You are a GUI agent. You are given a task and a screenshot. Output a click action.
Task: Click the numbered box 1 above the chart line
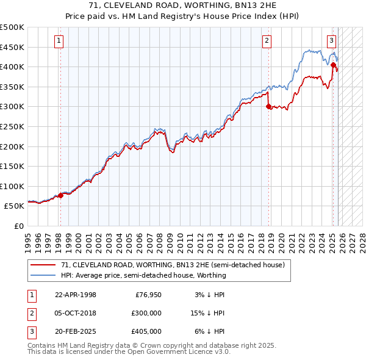click(59, 41)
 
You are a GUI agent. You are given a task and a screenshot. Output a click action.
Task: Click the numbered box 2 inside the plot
click(267, 41)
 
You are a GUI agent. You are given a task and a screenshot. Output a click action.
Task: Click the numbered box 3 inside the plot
click(331, 41)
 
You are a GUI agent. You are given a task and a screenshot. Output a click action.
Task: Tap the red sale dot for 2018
click(269, 106)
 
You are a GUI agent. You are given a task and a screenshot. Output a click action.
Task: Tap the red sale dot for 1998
click(60, 195)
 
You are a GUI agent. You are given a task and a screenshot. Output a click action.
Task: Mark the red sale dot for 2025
click(333, 65)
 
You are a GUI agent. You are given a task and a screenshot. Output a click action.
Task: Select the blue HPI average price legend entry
click(143, 275)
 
